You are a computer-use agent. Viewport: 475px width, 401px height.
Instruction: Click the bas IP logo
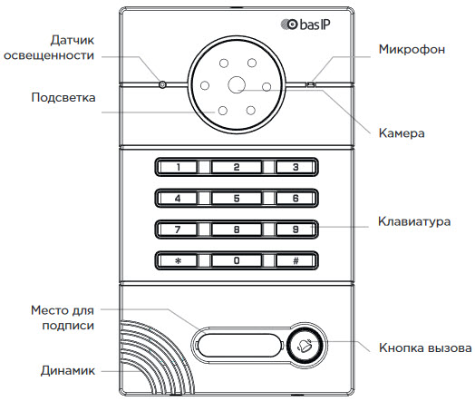click(305, 24)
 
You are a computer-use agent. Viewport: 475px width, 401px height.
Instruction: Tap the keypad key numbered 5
click(237, 198)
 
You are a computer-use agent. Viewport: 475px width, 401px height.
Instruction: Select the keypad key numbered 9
click(296, 230)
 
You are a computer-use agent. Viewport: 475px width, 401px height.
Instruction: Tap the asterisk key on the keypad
click(178, 260)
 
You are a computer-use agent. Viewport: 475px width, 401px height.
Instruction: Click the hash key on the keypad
click(296, 260)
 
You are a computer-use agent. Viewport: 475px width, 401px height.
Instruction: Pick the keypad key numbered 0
click(237, 260)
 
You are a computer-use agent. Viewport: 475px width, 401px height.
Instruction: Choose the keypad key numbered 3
click(296, 167)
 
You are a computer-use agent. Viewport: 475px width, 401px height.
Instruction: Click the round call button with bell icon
click(306, 346)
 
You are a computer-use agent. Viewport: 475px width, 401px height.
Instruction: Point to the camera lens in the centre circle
click(237, 85)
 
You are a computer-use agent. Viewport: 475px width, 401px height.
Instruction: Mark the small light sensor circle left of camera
click(162, 84)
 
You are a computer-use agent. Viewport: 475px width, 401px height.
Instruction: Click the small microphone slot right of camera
click(311, 84)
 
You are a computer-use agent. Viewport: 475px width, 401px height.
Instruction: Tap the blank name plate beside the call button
click(239, 345)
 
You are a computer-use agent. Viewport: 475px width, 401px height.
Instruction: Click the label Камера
click(402, 133)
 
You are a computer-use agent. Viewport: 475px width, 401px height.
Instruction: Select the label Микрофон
click(412, 49)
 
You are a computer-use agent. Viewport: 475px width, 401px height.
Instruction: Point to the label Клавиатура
click(414, 221)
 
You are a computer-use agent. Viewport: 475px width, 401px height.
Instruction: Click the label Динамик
click(68, 371)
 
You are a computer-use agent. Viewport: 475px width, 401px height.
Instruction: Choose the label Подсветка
click(63, 98)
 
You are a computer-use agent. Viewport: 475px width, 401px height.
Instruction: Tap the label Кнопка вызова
click(425, 347)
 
